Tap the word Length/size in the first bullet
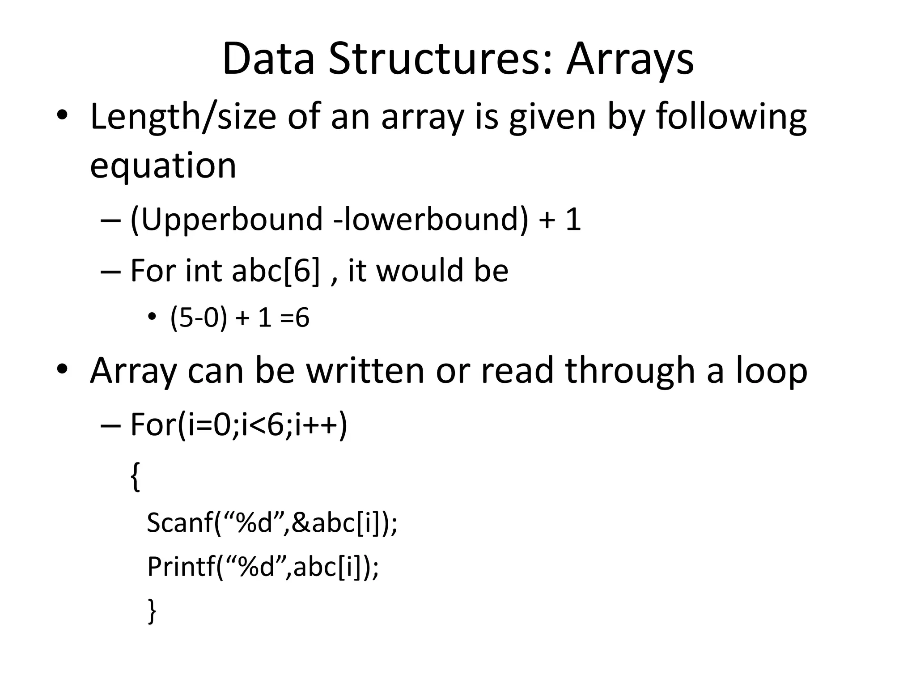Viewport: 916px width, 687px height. click(183, 117)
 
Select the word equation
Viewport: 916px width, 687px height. click(163, 165)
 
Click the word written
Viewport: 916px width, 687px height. click(365, 371)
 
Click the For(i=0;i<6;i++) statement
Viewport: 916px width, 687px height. click(238, 424)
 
